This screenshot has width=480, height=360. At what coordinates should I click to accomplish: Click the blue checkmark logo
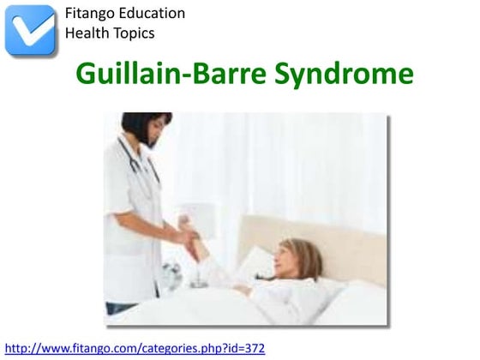(30, 30)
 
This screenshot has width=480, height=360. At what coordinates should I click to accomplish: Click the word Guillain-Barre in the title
(171, 75)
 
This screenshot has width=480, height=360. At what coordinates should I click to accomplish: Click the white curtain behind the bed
(283, 163)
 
